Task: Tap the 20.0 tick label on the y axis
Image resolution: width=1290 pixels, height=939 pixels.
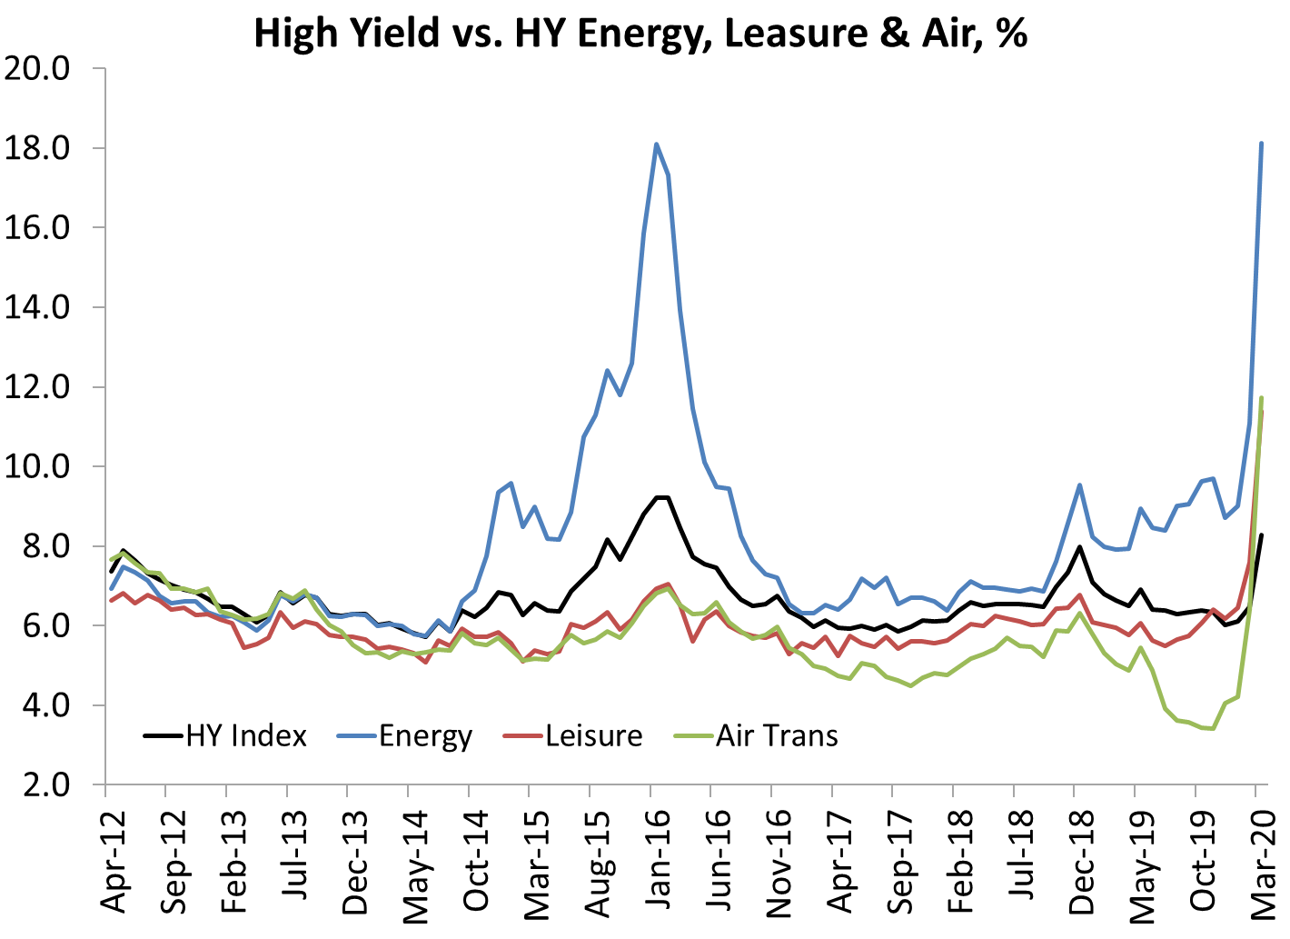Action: (37, 69)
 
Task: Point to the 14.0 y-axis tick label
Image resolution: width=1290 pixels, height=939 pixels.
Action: (37, 307)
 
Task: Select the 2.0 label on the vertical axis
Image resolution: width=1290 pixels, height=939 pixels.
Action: (46, 784)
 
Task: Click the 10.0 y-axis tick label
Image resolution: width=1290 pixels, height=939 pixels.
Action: (37, 466)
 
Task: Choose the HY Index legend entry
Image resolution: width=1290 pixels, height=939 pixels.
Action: (225, 735)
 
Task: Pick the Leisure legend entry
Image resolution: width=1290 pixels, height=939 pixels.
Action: (572, 735)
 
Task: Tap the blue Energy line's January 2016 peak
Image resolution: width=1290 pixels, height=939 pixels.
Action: (656, 144)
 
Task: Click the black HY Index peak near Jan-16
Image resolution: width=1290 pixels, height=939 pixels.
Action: (661, 497)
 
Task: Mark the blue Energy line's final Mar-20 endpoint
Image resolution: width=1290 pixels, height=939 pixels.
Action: (1261, 143)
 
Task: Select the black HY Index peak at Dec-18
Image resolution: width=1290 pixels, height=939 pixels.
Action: (1079, 546)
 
